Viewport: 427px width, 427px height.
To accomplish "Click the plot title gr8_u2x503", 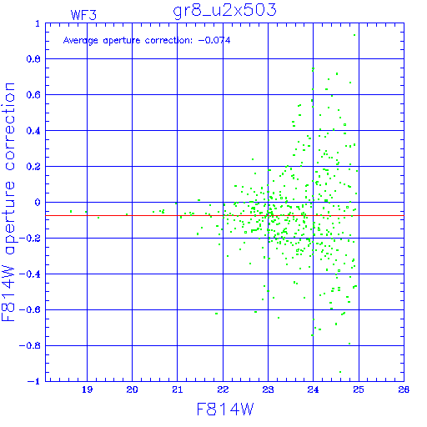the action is (224, 11).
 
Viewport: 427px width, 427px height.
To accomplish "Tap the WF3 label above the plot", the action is (83, 15).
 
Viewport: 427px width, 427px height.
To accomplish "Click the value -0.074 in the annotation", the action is (214, 40).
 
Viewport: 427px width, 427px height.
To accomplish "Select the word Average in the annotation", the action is (81, 41).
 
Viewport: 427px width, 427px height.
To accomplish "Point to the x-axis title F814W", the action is (225, 409).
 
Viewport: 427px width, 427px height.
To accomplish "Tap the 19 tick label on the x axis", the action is (87, 389).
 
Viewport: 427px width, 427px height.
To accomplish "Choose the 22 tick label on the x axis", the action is (223, 389).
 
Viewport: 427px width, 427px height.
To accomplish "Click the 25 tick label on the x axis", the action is (359, 389).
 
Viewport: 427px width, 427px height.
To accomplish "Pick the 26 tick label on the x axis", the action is (404, 389).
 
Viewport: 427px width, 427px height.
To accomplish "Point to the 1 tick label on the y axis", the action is (38, 23).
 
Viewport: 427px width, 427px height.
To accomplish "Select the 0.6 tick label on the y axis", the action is (33, 95).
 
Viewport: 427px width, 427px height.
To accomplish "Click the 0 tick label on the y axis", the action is (38, 203).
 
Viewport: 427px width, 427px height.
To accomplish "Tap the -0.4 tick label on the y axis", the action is (30, 274).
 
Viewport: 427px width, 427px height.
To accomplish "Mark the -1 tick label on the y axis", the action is (34, 381).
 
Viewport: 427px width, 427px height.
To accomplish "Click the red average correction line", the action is (224, 215).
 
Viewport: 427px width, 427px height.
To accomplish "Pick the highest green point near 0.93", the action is (354, 35).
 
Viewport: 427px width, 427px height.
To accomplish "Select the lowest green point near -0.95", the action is (340, 372).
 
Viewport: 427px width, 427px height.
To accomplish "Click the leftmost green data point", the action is (71, 212).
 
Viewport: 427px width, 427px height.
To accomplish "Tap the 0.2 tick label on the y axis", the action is (33, 167).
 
